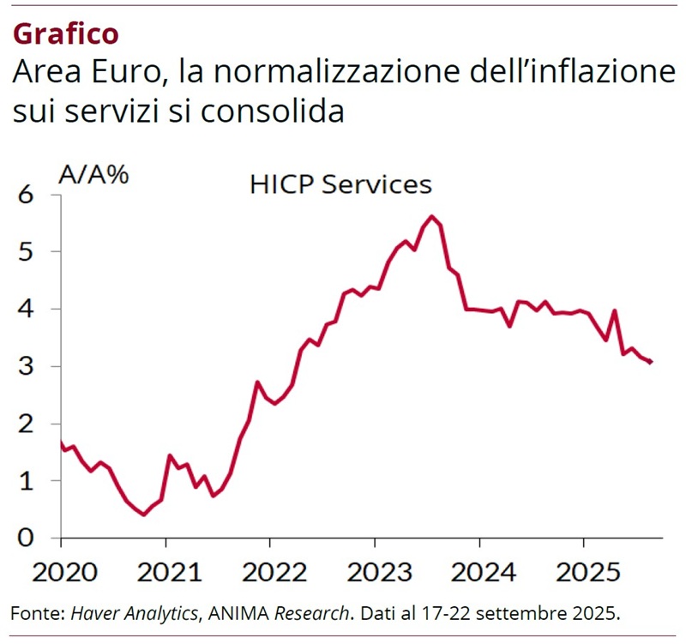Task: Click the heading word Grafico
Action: pyautogui.click(x=66, y=33)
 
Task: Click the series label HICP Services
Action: pyautogui.click(x=340, y=184)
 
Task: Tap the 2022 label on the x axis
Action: pyautogui.click(x=270, y=570)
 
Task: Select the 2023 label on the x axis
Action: pyautogui.click(x=375, y=570)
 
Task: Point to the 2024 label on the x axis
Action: pyautogui.click(x=478, y=570)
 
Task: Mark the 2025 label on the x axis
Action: pyautogui.click(x=583, y=570)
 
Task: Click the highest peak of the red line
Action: pyautogui.click(x=431, y=216)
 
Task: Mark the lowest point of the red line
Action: pyautogui.click(x=143, y=515)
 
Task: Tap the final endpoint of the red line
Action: pyautogui.click(x=651, y=362)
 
